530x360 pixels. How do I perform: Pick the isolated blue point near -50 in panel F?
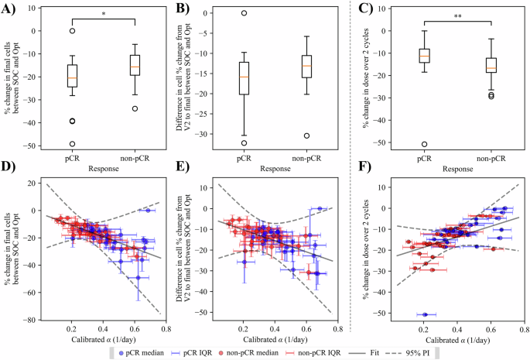pos(424,314)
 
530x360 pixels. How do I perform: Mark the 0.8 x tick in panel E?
pos(337,329)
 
